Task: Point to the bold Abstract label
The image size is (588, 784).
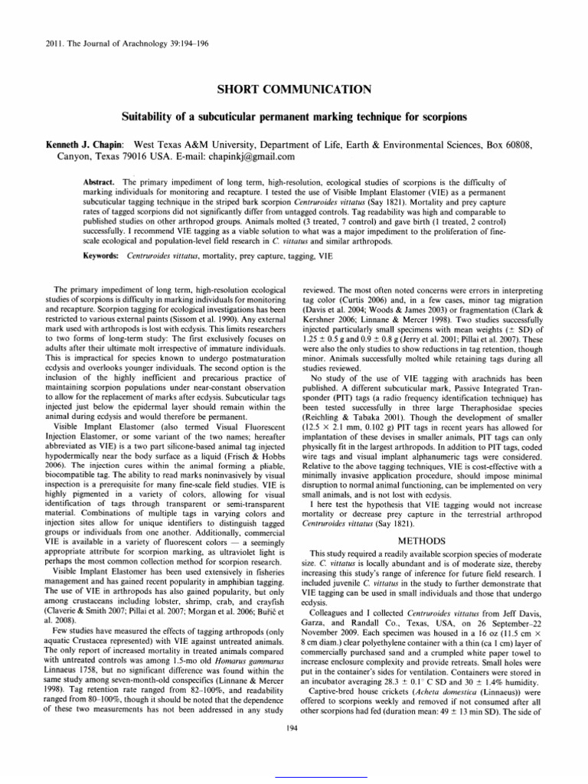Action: click(98, 184)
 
